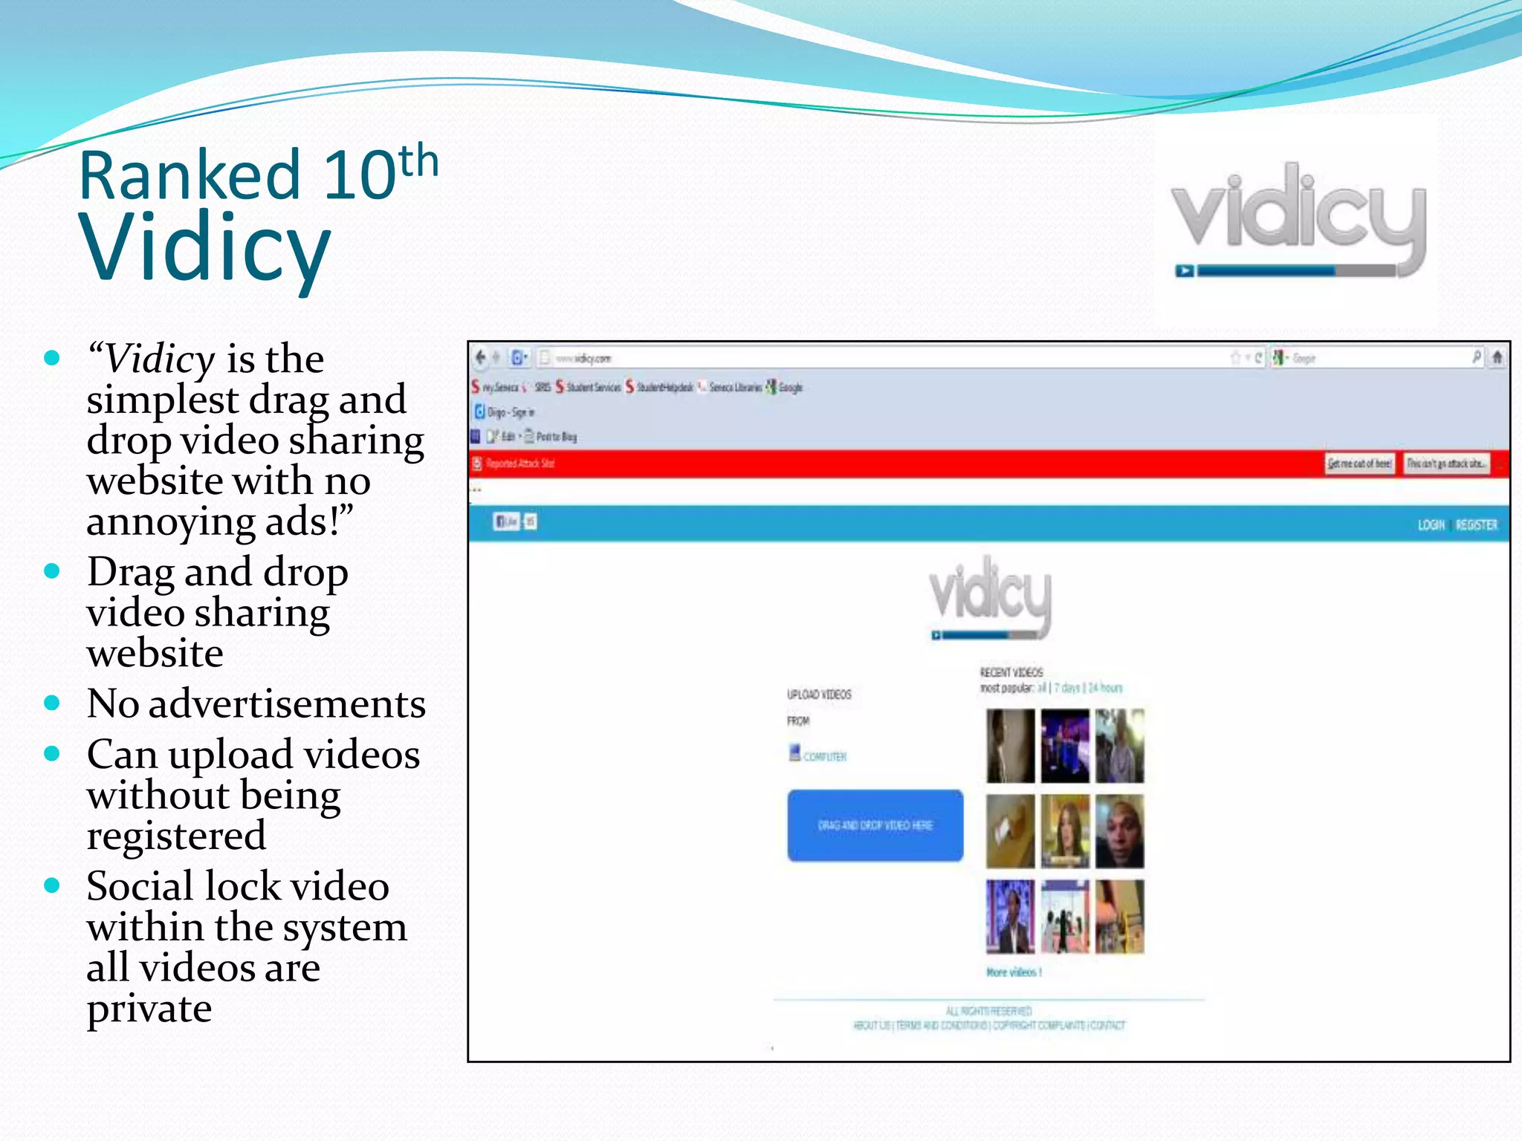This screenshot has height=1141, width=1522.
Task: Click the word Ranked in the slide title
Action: click(x=189, y=175)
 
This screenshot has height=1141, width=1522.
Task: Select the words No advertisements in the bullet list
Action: click(x=256, y=703)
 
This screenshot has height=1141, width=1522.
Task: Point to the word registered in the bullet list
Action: click(x=176, y=836)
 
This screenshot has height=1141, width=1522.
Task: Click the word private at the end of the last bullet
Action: click(x=149, y=1009)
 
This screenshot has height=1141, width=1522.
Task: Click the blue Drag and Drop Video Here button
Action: click(x=875, y=825)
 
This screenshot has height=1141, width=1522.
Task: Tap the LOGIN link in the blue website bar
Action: click(x=1431, y=525)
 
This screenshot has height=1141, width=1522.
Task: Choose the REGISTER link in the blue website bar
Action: click(x=1476, y=525)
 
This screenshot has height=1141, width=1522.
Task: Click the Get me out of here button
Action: click(x=1359, y=464)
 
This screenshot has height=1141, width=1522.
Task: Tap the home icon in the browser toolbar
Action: click(x=1497, y=358)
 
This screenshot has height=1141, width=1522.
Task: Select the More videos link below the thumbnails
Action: click(x=1014, y=972)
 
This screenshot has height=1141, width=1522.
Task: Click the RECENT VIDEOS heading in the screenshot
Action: click(x=1011, y=672)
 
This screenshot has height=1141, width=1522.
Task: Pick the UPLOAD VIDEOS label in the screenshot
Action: click(x=819, y=695)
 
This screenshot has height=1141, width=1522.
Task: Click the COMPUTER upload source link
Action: click(x=823, y=756)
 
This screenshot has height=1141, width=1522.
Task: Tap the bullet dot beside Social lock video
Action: click(x=52, y=885)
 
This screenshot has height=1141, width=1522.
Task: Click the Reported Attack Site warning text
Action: click(x=519, y=464)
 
